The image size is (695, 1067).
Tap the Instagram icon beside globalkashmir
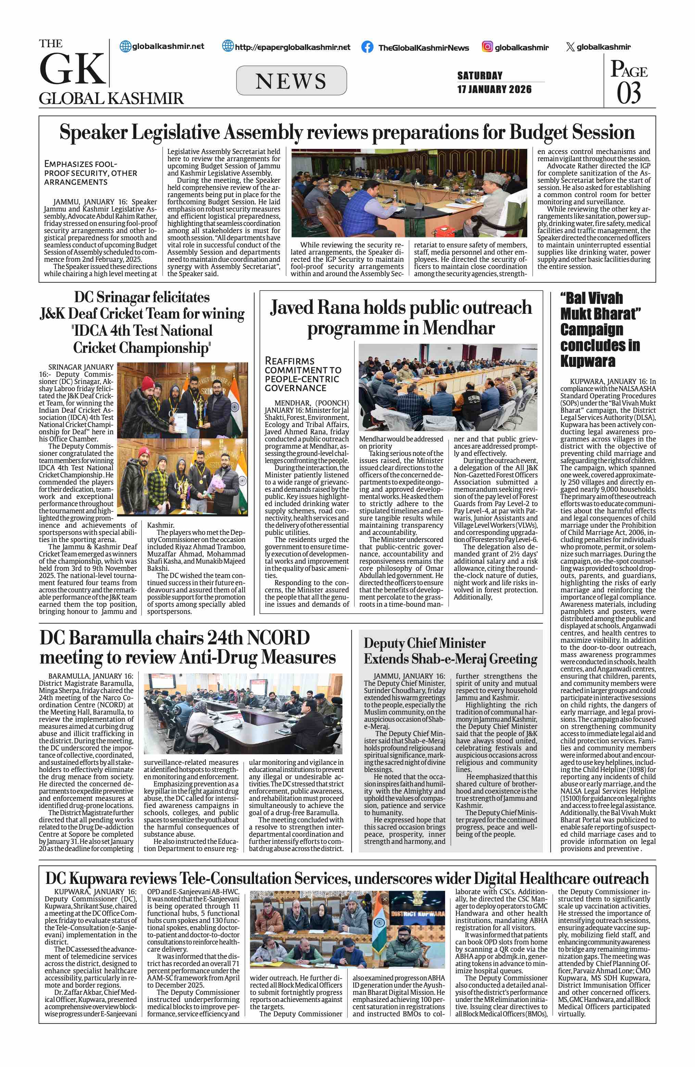(x=488, y=47)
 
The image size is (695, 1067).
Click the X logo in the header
(x=570, y=47)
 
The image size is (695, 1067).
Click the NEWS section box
(x=291, y=81)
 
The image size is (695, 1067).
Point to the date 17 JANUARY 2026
(x=494, y=89)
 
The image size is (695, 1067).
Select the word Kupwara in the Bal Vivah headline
(x=587, y=361)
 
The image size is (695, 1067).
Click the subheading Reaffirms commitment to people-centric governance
(x=303, y=374)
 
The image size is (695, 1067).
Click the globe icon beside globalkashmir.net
(x=126, y=46)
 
